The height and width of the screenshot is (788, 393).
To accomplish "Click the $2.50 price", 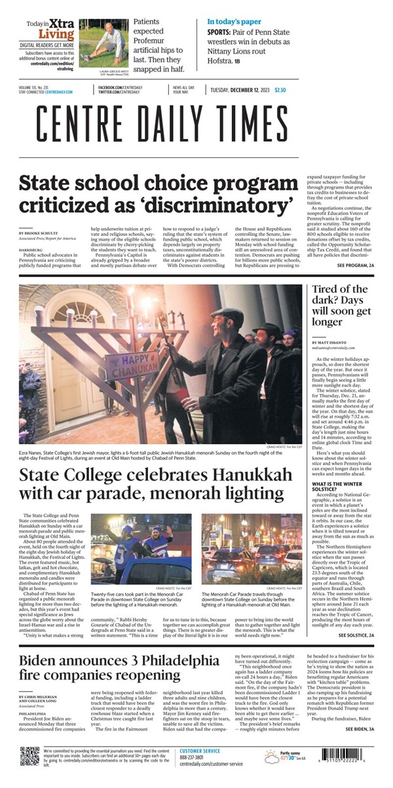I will [x=280, y=90].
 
